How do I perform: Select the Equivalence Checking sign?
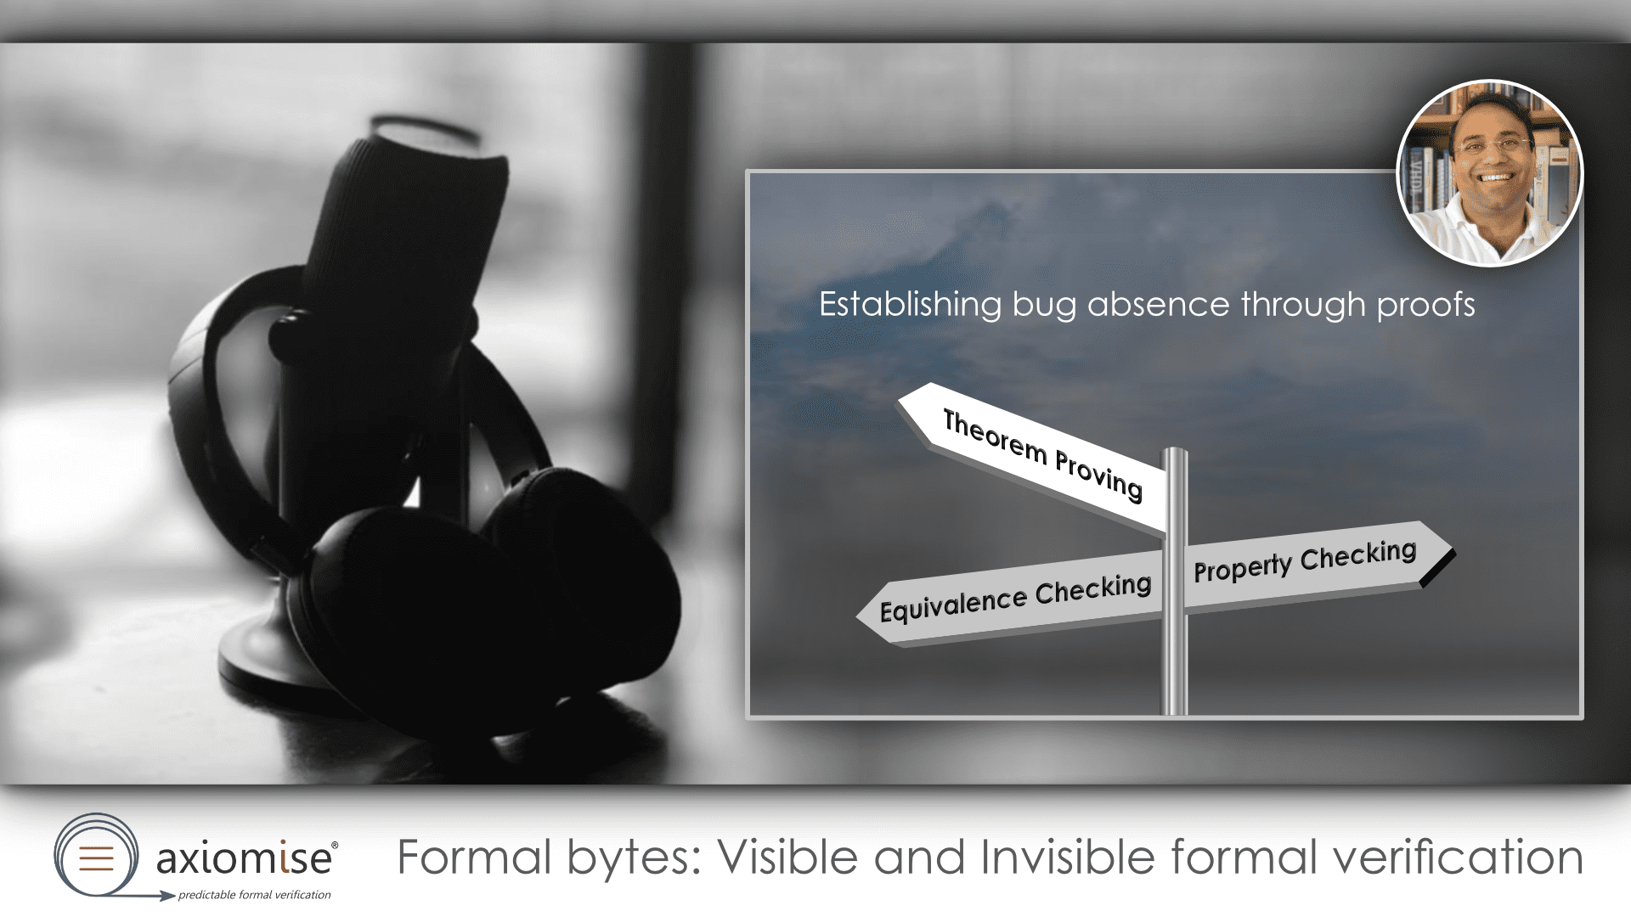point(1011,598)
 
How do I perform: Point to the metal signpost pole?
point(1175,582)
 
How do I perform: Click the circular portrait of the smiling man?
point(1490,173)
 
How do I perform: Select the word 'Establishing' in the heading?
point(910,305)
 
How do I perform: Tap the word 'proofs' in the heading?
point(1425,306)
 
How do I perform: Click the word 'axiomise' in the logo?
point(244,858)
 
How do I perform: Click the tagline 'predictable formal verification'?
point(254,894)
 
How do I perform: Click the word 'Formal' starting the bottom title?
point(474,857)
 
